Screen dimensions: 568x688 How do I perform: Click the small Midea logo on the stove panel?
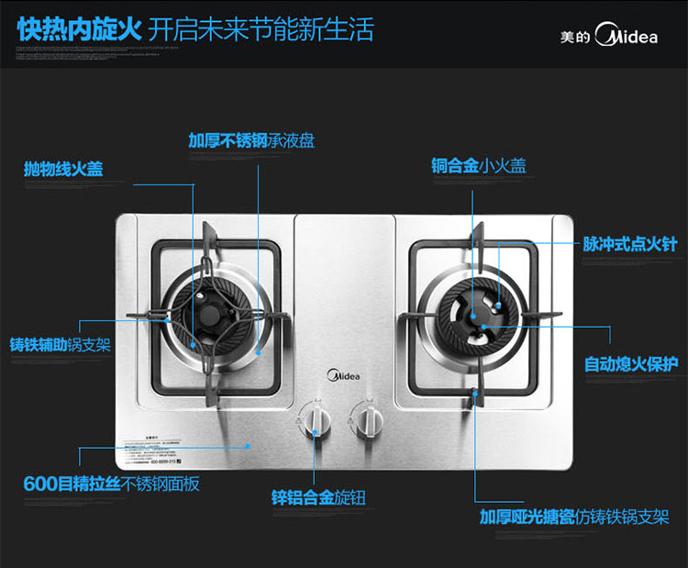coord(344,374)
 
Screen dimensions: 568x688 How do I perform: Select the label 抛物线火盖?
coord(63,169)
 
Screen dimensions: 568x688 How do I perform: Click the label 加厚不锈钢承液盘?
coord(251,140)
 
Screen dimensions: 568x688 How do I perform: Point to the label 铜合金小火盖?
coord(479,166)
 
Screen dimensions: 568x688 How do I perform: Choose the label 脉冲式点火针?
coord(630,244)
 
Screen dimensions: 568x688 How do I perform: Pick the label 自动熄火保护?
coord(631,364)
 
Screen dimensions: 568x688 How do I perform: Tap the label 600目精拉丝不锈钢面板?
coord(111,484)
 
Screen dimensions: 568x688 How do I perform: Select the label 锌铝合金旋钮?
coord(318,498)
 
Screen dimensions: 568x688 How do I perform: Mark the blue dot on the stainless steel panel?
coord(250,444)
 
